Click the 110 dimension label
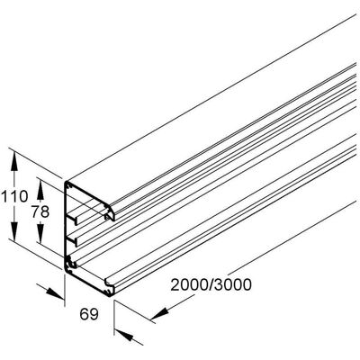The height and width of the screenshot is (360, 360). click(14, 197)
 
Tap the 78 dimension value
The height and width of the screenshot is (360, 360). click(40, 212)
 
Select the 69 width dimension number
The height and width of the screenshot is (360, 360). click(89, 314)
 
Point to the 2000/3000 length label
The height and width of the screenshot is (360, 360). click(211, 285)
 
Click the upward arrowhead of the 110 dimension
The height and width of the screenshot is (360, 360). click(13, 161)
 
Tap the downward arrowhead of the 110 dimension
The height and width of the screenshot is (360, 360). click(13, 230)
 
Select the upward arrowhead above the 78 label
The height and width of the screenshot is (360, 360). click(40, 191)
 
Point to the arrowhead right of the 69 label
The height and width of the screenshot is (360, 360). click(123, 335)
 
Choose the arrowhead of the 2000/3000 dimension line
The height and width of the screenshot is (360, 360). click(160, 314)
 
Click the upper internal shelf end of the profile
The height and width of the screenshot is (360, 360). click(72, 220)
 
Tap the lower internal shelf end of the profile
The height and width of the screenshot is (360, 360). click(72, 241)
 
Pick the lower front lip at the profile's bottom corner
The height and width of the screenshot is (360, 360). click(110, 287)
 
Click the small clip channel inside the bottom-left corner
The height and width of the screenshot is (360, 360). click(71, 263)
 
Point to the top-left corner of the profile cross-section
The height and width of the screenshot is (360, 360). click(66, 182)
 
